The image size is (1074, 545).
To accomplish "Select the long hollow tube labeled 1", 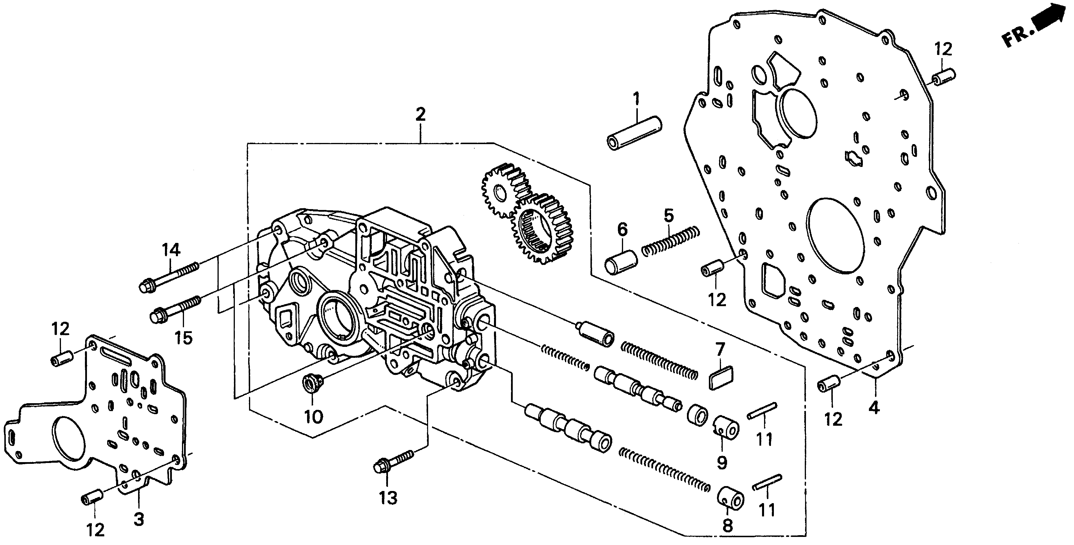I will coord(634,133).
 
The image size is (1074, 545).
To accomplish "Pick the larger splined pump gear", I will coord(542,228).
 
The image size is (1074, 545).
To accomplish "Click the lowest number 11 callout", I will coord(766,509).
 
